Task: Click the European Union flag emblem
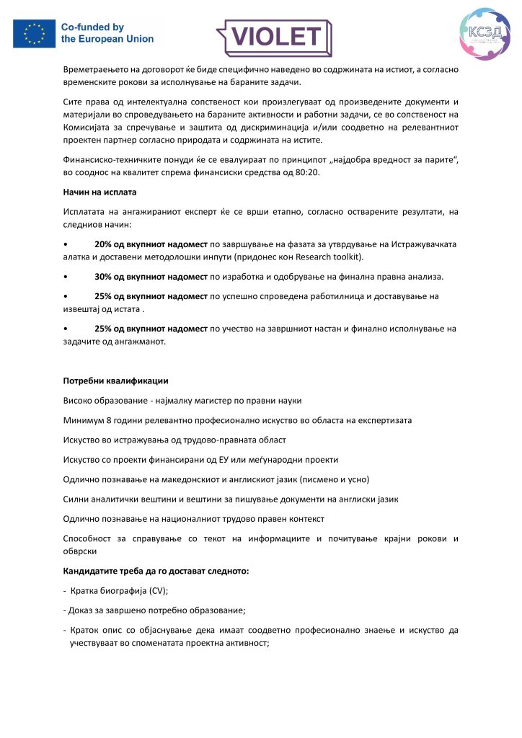[x=35, y=34]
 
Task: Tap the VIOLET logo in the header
[x=274, y=37]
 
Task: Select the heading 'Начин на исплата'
[x=99, y=192]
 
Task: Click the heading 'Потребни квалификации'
[x=115, y=381]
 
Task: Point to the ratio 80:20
[x=305, y=174]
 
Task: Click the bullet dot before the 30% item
[x=66, y=277]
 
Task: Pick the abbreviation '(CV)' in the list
[x=156, y=591]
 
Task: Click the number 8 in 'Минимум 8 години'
[x=107, y=420]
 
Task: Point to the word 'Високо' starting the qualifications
[x=79, y=400]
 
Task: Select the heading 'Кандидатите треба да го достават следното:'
[x=156, y=572]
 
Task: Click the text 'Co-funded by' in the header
[x=93, y=27]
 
